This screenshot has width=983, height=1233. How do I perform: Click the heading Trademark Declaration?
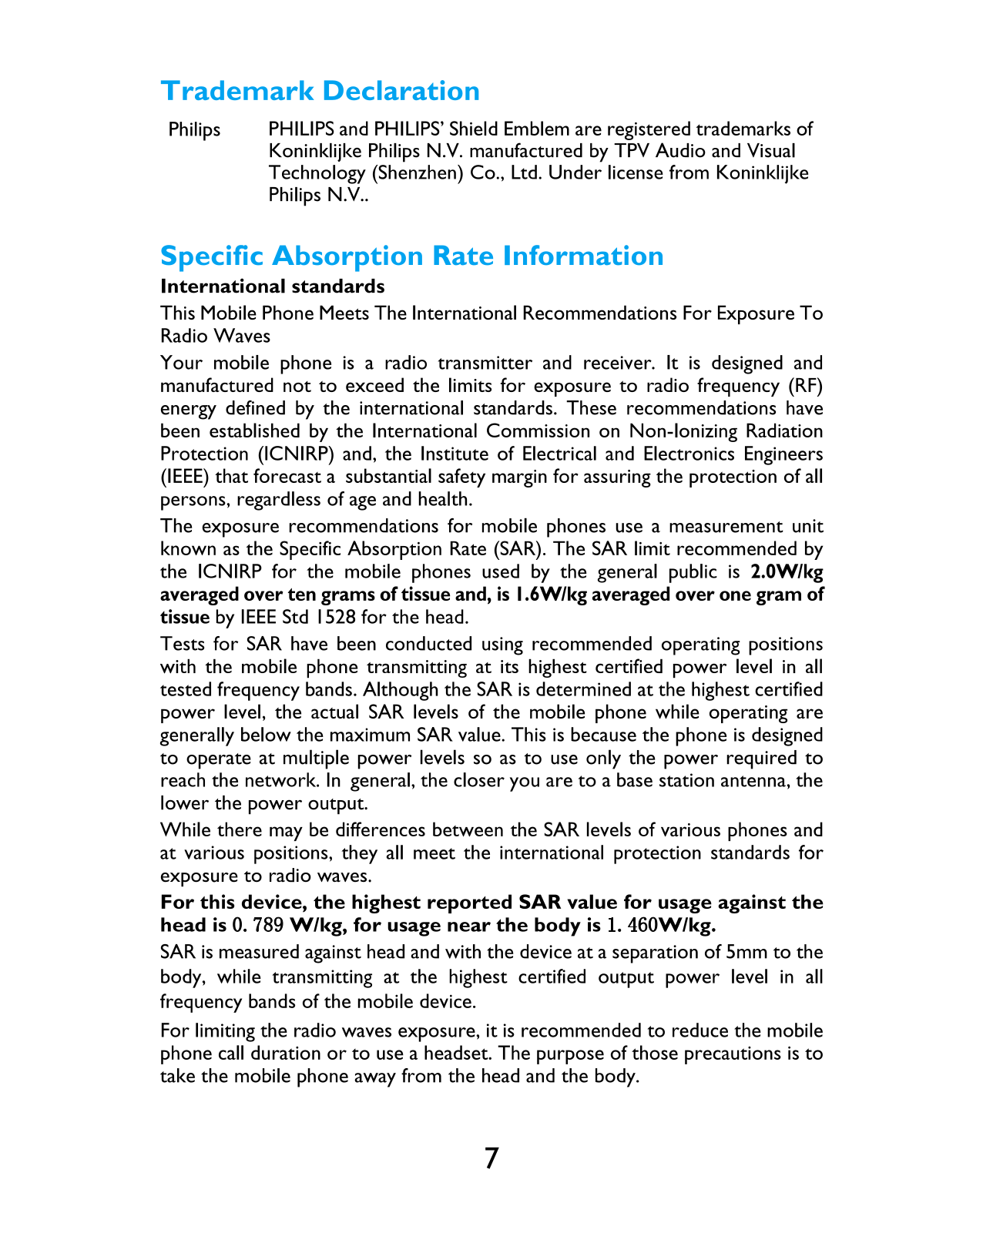pyautogui.click(x=320, y=91)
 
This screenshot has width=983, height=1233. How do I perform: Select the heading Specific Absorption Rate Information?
pyautogui.click(x=411, y=256)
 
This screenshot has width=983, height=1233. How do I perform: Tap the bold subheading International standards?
pyautogui.click(x=272, y=286)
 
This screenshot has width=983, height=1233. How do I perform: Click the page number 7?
pyautogui.click(x=492, y=1158)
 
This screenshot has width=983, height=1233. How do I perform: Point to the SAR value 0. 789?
pyautogui.click(x=258, y=925)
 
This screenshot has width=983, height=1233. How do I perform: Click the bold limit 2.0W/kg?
pyautogui.click(x=786, y=571)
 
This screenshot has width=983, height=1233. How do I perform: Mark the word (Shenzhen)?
pyautogui.click(x=417, y=173)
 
